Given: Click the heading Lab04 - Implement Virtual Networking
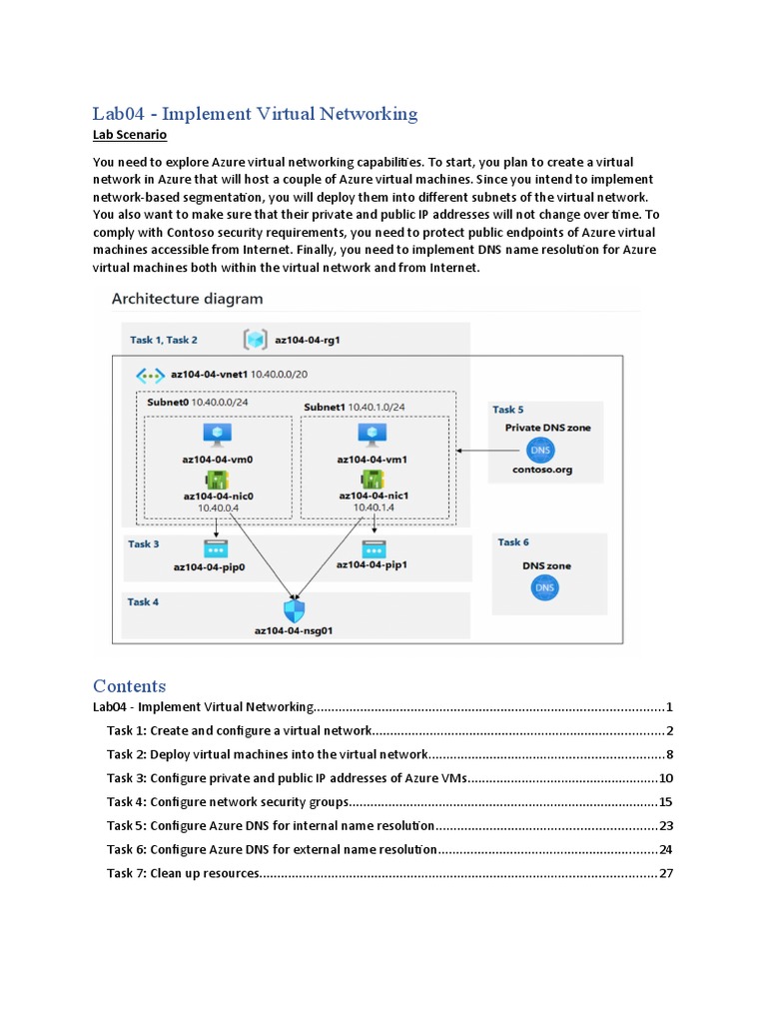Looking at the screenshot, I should click(x=255, y=114).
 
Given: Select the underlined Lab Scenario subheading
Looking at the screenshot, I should click(x=130, y=135).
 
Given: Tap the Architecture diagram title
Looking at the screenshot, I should click(x=187, y=298).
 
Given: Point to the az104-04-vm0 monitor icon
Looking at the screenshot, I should click(x=217, y=434).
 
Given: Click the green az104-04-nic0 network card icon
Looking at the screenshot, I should click(x=217, y=479).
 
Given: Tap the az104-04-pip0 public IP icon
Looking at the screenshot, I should click(x=216, y=548).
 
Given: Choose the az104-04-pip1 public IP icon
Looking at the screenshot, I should click(x=374, y=547).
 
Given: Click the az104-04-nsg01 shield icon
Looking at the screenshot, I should click(x=294, y=610).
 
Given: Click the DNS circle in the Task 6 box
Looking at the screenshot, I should click(x=544, y=588).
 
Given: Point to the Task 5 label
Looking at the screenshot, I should click(x=507, y=410).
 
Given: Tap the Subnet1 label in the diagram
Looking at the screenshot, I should click(x=327, y=408).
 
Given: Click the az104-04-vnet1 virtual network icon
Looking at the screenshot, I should click(x=150, y=375).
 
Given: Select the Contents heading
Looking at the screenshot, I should click(x=129, y=685).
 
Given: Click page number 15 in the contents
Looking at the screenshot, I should click(x=666, y=802).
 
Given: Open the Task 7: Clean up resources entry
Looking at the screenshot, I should click(x=183, y=874).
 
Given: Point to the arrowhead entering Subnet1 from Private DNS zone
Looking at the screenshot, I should click(x=460, y=450).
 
